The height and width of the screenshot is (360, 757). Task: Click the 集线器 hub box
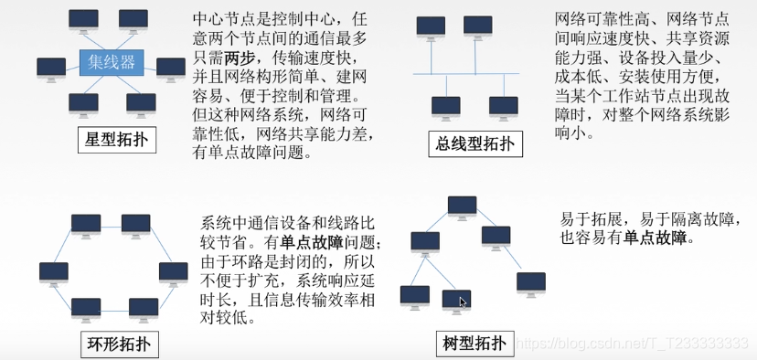110,62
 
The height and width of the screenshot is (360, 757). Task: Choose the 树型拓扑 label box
471,344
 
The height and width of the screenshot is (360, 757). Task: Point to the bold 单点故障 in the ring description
311,242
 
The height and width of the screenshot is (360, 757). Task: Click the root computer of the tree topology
463,206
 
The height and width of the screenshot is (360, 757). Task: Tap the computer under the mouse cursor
456,300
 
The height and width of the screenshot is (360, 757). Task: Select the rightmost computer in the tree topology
530,282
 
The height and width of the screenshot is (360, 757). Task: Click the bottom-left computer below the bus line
446,107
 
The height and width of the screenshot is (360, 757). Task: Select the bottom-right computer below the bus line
503,107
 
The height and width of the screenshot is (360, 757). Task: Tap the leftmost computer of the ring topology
54,271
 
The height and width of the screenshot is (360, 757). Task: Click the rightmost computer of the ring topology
173,271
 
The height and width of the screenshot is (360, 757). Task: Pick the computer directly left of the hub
51,68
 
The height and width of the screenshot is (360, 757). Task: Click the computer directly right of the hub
171,68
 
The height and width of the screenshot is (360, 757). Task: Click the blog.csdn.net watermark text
631,342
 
